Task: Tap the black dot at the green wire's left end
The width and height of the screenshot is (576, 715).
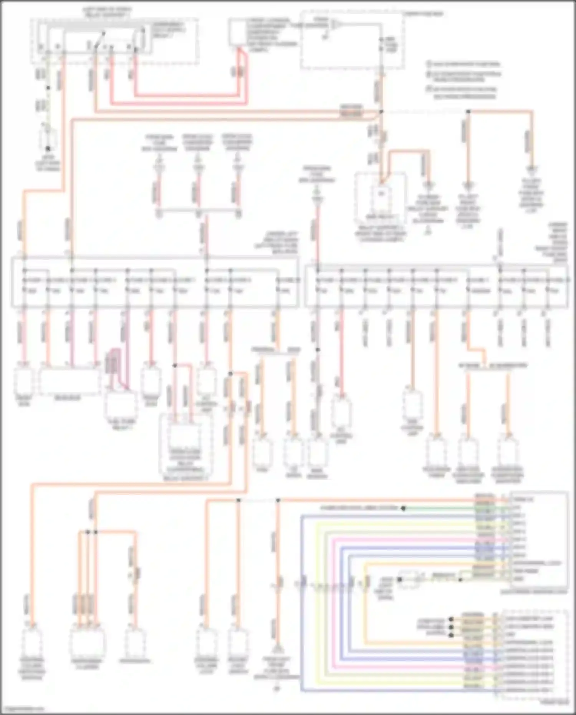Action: click(x=404, y=508)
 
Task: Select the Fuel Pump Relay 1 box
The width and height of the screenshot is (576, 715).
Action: click(x=120, y=403)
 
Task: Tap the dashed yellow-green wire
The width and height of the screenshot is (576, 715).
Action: click(x=47, y=96)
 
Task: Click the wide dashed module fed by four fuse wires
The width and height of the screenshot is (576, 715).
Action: click(x=69, y=380)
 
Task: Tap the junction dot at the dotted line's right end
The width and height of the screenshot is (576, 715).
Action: click(x=468, y=111)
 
